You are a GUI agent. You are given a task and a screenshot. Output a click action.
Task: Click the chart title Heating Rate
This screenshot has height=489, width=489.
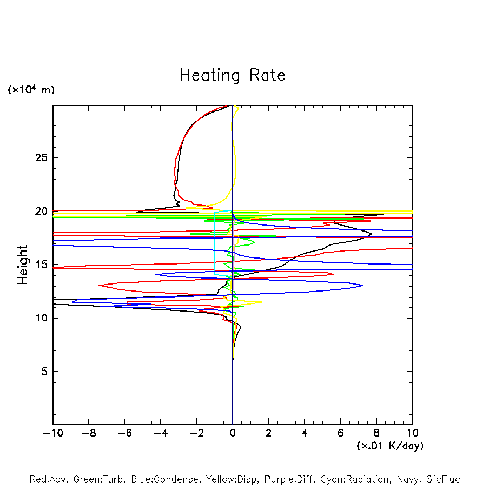click(x=232, y=75)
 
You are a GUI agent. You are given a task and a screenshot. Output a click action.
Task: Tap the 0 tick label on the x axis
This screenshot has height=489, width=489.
click(x=233, y=433)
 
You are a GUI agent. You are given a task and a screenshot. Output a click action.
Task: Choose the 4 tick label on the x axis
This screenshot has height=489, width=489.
click(x=305, y=433)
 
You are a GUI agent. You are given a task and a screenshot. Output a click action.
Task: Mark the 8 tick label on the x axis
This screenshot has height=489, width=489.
click(x=376, y=433)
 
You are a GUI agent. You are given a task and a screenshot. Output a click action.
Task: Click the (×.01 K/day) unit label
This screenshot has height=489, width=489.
click(x=390, y=446)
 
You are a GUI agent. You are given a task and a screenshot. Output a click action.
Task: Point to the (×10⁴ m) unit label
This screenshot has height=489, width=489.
click(x=31, y=90)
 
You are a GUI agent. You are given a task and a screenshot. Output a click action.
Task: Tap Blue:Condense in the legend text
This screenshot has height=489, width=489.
click(x=157, y=479)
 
